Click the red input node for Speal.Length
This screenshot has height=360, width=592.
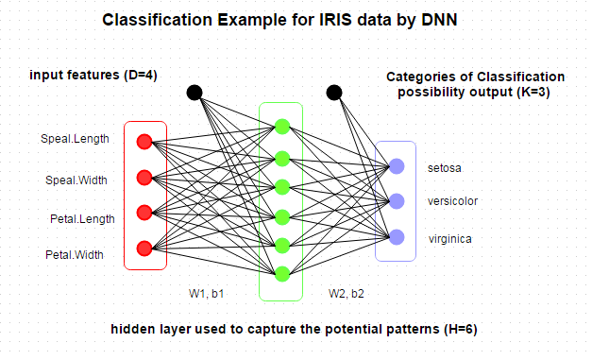144,142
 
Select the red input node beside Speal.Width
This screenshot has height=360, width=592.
144,177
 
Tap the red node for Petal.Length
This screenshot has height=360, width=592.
144,212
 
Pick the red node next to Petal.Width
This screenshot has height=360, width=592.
144,248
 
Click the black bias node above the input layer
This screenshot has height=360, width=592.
195,93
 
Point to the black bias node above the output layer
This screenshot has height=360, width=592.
333,93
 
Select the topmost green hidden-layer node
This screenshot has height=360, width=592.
281,126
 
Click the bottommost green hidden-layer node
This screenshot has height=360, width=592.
281,274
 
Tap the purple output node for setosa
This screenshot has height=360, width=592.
397,166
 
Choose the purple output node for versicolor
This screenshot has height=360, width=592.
397,200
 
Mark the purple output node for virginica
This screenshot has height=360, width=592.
397,235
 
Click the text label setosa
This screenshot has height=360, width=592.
444,169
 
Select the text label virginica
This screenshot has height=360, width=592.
449,238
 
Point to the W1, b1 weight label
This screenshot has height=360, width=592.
206,294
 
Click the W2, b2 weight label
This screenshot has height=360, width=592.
347,294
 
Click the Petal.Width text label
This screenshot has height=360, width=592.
75,255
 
